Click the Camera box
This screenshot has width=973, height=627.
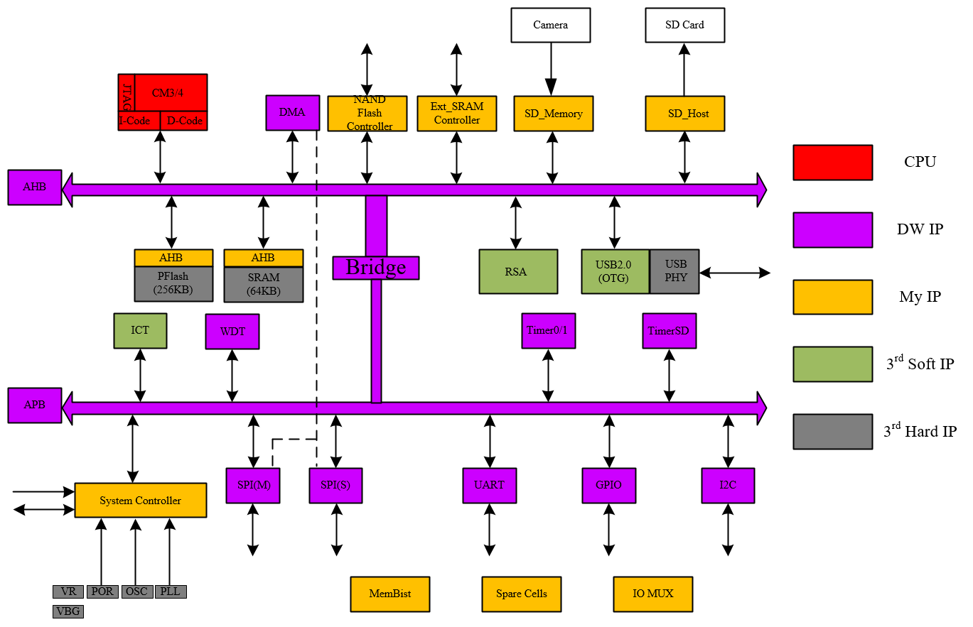pyautogui.click(x=550, y=25)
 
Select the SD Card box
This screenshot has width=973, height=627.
pyautogui.click(x=684, y=25)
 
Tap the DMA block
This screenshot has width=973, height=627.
pyautogui.click(x=292, y=113)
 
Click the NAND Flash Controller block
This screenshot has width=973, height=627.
pyautogui.click(x=367, y=114)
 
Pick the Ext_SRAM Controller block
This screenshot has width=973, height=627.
pyautogui.click(x=456, y=114)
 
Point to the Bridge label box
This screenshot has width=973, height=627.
pyautogui.click(x=376, y=268)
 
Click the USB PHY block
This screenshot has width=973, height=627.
pyautogui.click(x=674, y=271)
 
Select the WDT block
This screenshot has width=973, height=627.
pyautogui.click(x=232, y=332)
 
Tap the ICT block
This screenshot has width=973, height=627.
pyautogui.click(x=140, y=331)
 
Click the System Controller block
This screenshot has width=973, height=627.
pyautogui.click(x=140, y=501)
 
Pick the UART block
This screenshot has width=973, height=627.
pyautogui.click(x=489, y=486)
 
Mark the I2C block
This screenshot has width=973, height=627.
pyautogui.click(x=728, y=486)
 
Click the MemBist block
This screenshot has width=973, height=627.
pyautogui.click(x=389, y=594)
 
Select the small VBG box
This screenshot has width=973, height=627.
pyautogui.click(x=68, y=611)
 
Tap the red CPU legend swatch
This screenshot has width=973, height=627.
pyautogui.click(x=832, y=163)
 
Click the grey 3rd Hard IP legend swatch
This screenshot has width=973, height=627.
pyautogui.click(x=832, y=432)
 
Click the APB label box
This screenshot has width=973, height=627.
pyautogui.click(x=35, y=405)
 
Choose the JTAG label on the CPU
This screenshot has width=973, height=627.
pyautogui.click(x=127, y=97)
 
